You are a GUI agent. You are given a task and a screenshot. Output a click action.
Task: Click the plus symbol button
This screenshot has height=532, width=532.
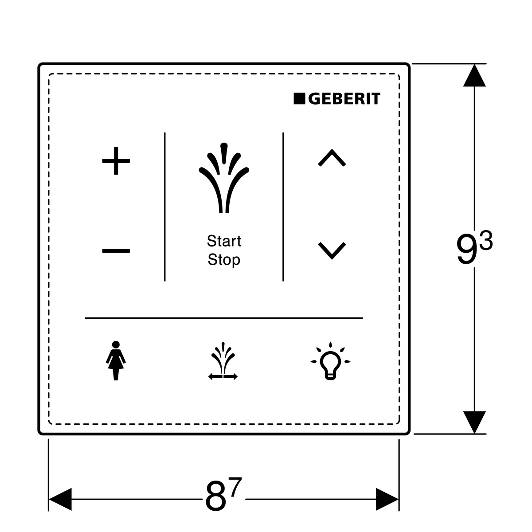pos(116,161)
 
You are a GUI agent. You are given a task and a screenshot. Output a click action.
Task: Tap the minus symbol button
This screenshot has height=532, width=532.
pos(116,251)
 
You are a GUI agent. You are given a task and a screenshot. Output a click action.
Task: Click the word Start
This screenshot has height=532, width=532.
pos(224,241)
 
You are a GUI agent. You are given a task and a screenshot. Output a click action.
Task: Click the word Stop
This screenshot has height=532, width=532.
pos(224,260)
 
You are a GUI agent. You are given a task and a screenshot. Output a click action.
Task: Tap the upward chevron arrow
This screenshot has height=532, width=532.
pos(332,158)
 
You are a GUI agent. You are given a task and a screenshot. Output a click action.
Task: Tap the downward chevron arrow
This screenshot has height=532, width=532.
pos(332,250)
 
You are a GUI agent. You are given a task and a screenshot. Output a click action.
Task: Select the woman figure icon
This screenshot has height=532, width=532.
pos(116,360)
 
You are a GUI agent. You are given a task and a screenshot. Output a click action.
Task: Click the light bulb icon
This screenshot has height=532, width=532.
pos(330,361)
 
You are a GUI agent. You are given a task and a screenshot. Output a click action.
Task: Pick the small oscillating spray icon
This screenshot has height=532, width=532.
pos(223,362)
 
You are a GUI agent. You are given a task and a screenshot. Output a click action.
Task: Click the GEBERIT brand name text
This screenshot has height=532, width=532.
pos(344,99)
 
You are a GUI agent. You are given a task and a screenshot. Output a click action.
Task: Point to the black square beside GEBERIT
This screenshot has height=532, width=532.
pos(300,99)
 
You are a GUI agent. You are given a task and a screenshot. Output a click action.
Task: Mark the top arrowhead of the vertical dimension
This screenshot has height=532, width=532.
pos(474,75)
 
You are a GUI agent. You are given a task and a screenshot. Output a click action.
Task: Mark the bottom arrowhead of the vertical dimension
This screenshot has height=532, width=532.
pos(474,422)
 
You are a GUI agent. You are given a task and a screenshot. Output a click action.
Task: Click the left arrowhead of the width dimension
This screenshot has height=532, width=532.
pos(60,499)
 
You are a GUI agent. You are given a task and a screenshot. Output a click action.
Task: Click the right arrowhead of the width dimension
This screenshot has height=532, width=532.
pos(387,499)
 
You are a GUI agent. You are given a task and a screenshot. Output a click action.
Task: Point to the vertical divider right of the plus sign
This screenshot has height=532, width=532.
pos(165,207)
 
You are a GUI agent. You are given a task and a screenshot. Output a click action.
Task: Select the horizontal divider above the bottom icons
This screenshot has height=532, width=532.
pos(224,318)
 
